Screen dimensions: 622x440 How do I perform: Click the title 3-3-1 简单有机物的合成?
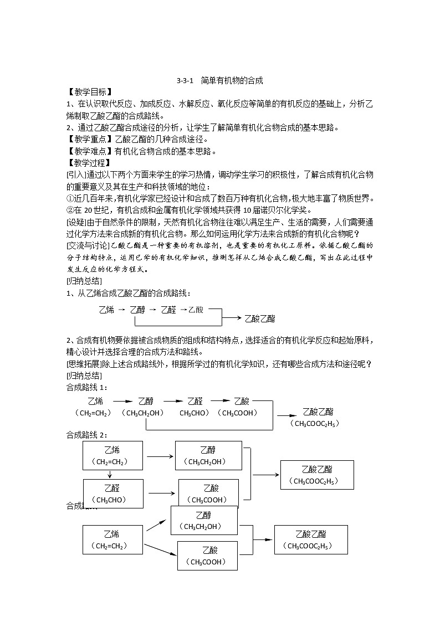pos(219,81)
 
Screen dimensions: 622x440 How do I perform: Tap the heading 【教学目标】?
pos(89,92)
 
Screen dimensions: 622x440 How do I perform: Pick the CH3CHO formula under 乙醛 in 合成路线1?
pos(195,413)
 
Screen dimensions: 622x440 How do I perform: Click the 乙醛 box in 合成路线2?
pos(112,494)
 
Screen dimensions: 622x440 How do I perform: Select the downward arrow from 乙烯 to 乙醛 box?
pos(111,474)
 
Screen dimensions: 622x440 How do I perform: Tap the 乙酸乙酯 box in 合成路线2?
pos(318,475)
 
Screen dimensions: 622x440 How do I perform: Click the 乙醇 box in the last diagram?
pos(203,520)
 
